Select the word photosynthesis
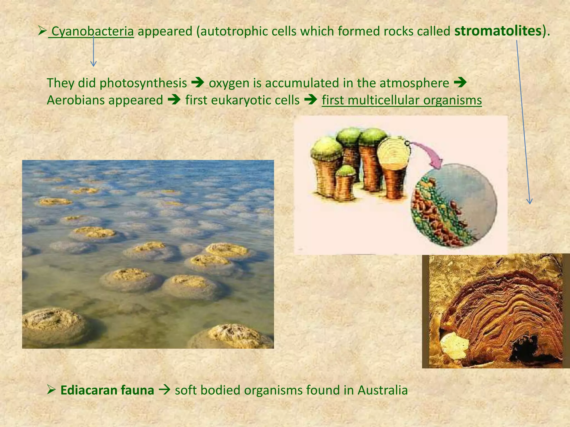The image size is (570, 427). tap(143, 83)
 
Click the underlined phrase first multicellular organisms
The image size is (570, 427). tap(402, 100)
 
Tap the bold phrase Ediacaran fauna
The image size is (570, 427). tap(107, 390)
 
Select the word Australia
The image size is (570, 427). tap(383, 390)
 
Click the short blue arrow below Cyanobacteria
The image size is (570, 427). tap(94, 53)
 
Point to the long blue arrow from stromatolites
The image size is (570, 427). tap(523, 122)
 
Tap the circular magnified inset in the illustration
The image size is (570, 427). tap(454, 206)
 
